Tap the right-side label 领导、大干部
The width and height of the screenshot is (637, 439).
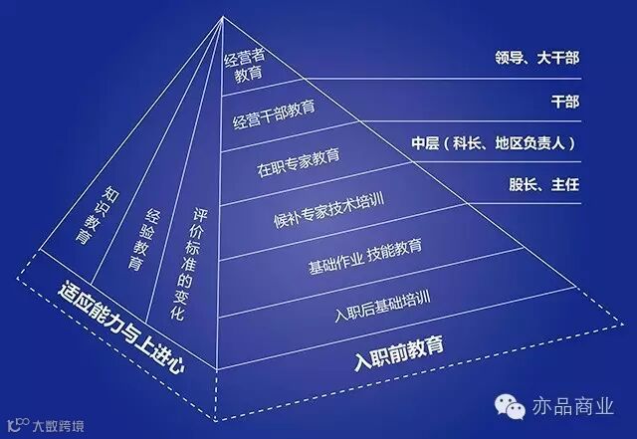[535, 58]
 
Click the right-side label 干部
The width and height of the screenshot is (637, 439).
[564, 101]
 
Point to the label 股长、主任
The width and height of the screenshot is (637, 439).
[544, 184]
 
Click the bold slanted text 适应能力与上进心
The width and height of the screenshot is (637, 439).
[121, 329]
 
